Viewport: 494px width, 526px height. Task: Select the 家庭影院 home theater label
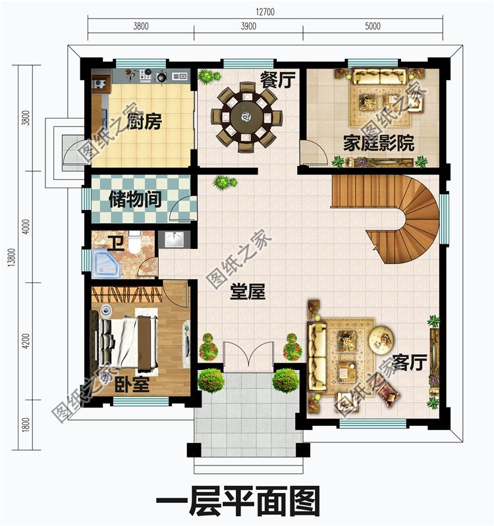tap(378, 143)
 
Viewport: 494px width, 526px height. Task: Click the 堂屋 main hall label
tap(248, 292)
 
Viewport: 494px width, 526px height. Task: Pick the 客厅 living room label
tap(410, 361)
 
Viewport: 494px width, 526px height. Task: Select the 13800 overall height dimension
tap(9, 257)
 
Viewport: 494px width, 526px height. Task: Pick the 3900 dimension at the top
tap(248, 27)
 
